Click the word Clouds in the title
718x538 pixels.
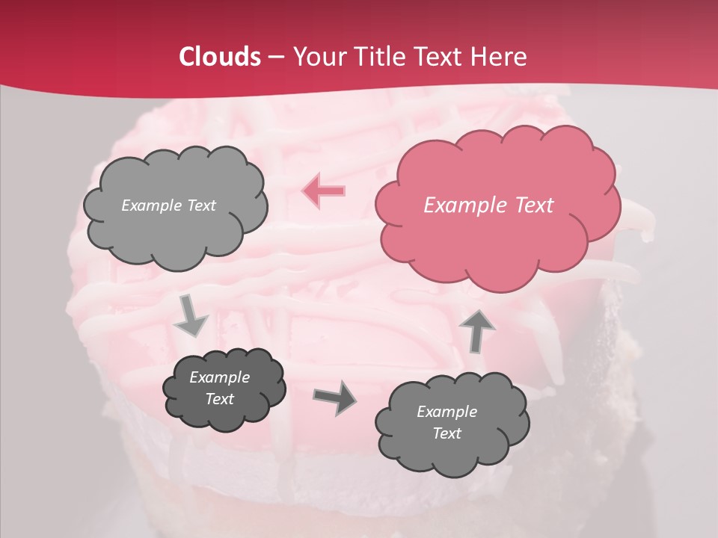(220, 57)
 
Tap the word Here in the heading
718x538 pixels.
(499, 57)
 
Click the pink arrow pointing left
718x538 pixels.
(323, 191)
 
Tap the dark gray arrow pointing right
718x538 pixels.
(335, 397)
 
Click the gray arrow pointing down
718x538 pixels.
(190, 317)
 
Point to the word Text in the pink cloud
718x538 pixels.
(534, 205)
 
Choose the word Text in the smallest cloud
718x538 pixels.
(219, 399)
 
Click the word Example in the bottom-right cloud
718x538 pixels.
(447, 412)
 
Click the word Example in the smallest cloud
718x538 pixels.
(219, 377)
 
